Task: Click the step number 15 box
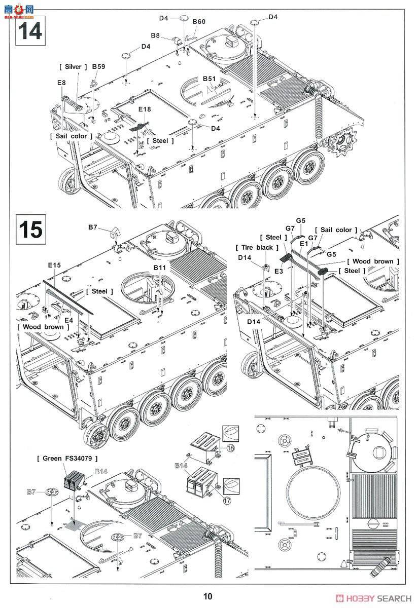pyautogui.click(x=30, y=230)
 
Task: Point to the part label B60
pyautogui.click(x=199, y=21)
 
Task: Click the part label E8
pyautogui.click(x=61, y=82)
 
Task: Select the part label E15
pyautogui.click(x=54, y=265)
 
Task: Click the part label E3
pyautogui.click(x=279, y=272)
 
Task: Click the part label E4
pyautogui.click(x=68, y=320)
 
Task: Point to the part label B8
pyautogui.click(x=155, y=35)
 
